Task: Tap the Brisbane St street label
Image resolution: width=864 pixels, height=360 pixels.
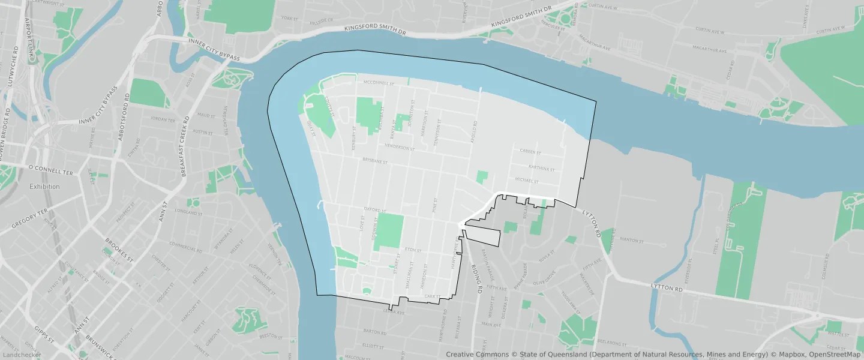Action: click(376, 161)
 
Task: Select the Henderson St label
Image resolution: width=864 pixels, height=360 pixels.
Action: click(400, 148)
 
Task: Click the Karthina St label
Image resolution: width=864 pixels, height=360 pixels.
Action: click(539, 167)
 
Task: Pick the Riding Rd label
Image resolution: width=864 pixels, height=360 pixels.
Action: click(477, 278)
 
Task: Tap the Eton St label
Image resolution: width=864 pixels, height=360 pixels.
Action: click(410, 249)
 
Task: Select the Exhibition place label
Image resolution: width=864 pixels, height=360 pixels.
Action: click(45, 187)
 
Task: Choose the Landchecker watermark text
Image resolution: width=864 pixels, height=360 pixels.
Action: click(21, 355)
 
